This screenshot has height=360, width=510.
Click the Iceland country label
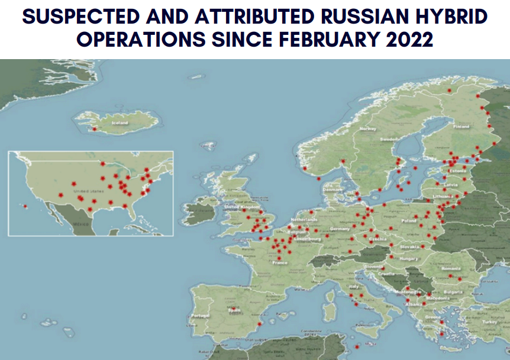(120, 122)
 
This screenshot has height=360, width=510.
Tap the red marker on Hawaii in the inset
(25, 206)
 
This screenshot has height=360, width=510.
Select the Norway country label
(369, 129)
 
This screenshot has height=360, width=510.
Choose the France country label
(279, 262)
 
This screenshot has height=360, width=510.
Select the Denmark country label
(333, 190)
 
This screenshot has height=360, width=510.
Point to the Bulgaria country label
(453, 291)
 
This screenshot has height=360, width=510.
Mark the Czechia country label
(377, 239)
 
